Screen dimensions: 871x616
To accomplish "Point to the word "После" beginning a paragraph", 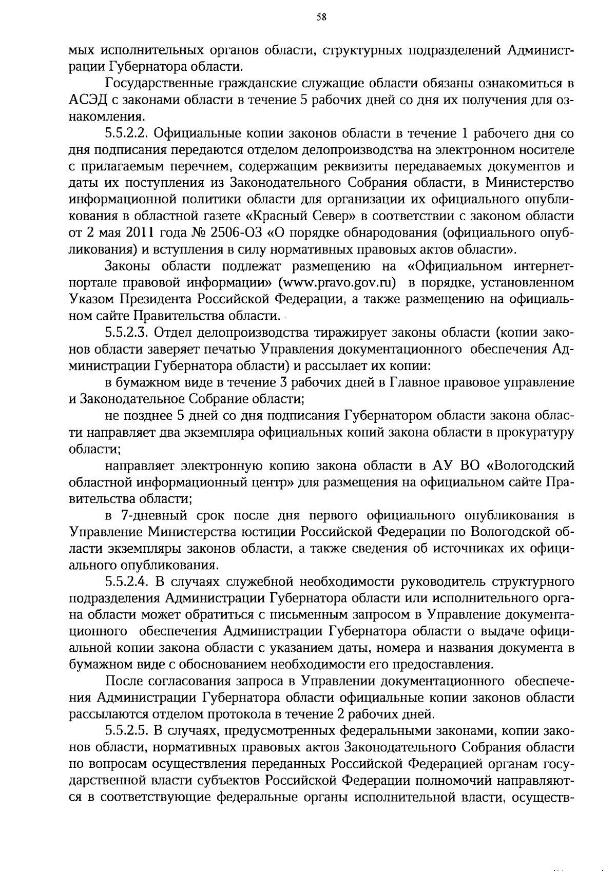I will (123, 681).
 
